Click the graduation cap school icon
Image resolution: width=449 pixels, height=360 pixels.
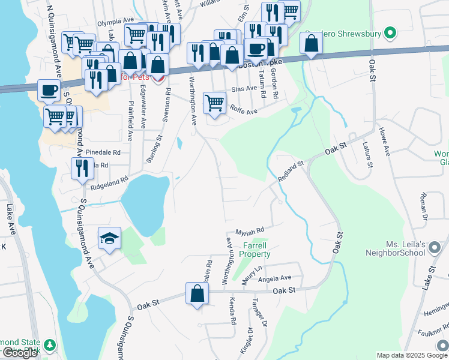(110, 238)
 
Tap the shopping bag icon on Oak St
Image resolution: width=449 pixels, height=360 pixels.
(197, 293)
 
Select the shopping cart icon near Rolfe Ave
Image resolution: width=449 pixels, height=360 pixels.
(214, 103)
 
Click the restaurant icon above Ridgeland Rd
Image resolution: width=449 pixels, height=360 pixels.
(82, 169)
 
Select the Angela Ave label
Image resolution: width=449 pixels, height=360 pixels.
(274, 278)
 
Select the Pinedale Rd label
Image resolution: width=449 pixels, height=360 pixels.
(103, 152)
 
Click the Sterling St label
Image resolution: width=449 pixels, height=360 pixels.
(155, 149)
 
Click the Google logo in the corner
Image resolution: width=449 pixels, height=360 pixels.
(20, 352)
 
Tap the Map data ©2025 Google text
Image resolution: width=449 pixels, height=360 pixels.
(411, 355)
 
